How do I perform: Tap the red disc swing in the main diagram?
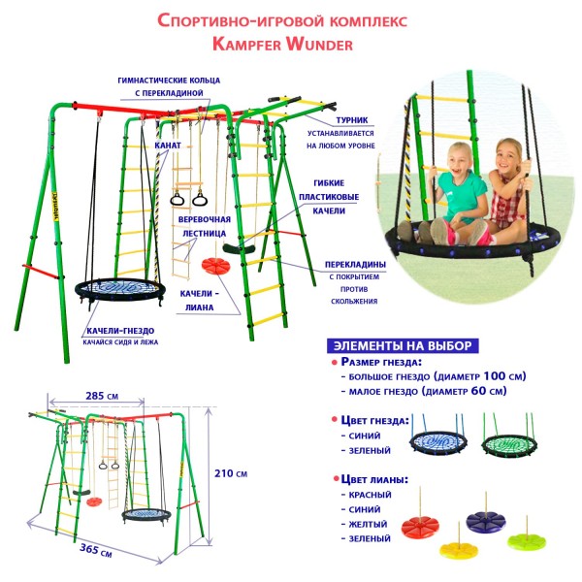(215, 266)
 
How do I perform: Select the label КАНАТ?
(168, 145)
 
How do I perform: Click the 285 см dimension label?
(102, 396)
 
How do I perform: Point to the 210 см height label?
(231, 473)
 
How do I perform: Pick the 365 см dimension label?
(96, 550)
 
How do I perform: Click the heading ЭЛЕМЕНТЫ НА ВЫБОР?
(403, 345)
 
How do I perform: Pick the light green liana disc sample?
(526, 541)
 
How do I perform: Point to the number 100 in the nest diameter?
(495, 376)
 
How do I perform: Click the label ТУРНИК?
(352, 120)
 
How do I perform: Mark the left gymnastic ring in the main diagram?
(178, 199)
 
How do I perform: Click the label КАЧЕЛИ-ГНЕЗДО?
(120, 331)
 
